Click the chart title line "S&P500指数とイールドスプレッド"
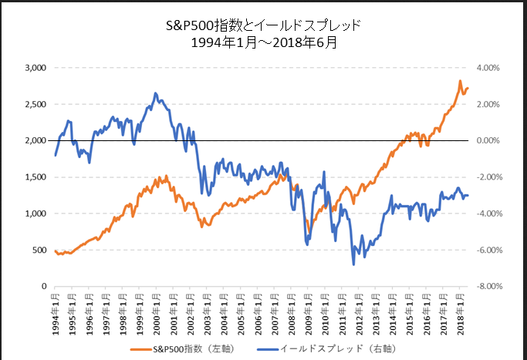pyautogui.click(x=263, y=26)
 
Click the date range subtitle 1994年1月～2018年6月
pyautogui.click(x=263, y=43)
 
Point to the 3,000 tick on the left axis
pyautogui.click(x=35, y=68)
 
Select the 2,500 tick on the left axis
pyautogui.click(x=35, y=104)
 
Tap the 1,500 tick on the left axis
pyautogui.click(x=35, y=177)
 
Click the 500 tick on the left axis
pyautogui.click(x=39, y=250)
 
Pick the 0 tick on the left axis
pyautogui.click(x=45, y=287)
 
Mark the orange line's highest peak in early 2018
pyautogui.click(x=460, y=81)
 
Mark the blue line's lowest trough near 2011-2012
pyautogui.click(x=354, y=264)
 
